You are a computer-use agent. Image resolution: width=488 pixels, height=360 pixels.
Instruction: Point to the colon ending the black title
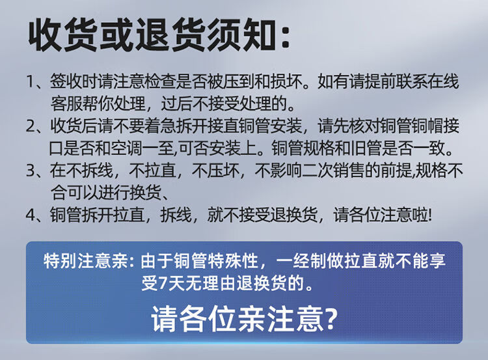pos(286,36)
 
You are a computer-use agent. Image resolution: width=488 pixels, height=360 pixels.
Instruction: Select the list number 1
pos(31,81)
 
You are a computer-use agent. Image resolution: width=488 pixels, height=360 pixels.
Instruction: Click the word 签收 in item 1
pos(66,81)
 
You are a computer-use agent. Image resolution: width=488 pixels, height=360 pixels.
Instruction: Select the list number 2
pos(31,126)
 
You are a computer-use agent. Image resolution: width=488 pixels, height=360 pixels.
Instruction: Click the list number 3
pos(31,171)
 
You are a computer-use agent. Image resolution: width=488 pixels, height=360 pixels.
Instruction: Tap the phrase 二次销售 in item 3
pos(332,171)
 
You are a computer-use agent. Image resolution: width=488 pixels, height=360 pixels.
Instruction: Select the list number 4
pos(31,215)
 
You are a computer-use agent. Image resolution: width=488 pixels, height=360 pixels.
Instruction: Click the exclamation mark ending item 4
pos(430,215)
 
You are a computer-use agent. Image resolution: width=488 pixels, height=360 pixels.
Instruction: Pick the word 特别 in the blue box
pos(60,260)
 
